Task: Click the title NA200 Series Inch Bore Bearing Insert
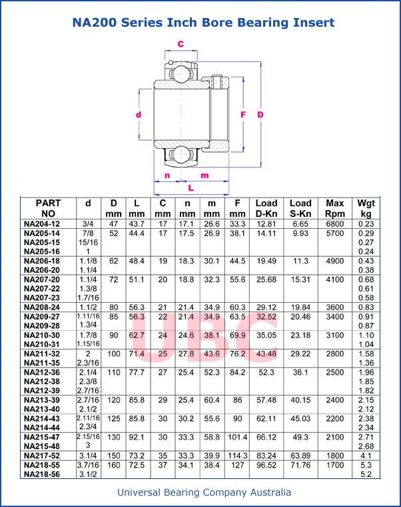[203, 23]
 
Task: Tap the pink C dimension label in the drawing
[181, 44]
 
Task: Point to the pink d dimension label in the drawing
[139, 115]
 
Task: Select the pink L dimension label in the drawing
[191, 187]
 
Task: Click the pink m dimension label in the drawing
[204, 175]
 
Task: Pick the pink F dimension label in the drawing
[243, 115]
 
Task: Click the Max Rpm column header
[335, 208]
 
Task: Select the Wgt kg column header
[366, 208]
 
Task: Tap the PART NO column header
[48, 208]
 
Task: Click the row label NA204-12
[41, 223]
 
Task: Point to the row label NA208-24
[41, 308]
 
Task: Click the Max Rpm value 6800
[335, 223]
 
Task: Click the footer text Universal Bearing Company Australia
[204, 493]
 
